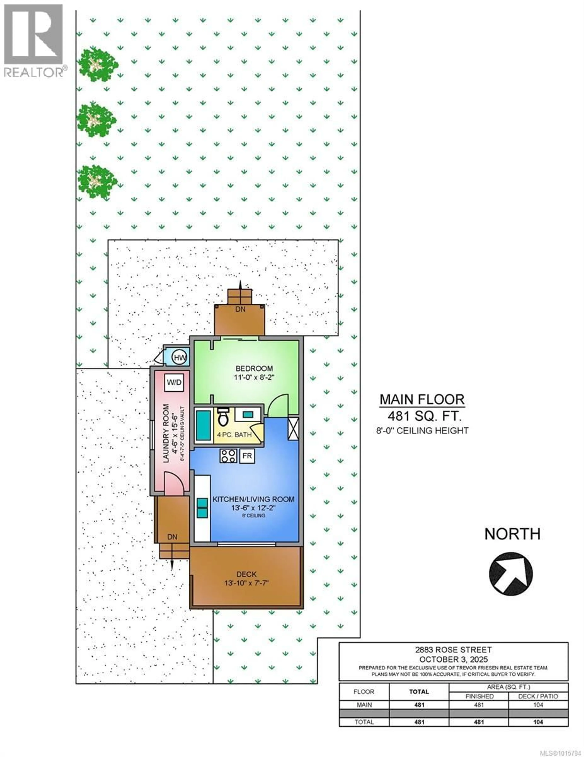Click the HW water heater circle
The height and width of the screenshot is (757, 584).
pos(180,357)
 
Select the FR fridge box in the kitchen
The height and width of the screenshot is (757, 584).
pos(247,456)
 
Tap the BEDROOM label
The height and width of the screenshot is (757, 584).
pos(254,368)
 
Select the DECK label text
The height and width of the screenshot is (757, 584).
pos(247,574)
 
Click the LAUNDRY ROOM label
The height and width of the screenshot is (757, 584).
pos(166,433)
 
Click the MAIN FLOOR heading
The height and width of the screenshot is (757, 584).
pos(422,400)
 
